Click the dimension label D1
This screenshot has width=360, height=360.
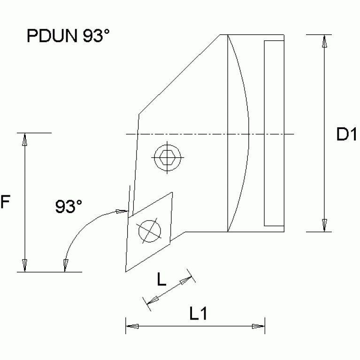(x=346, y=135)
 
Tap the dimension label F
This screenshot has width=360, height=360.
(x=5, y=202)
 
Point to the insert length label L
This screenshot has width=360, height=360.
(x=161, y=280)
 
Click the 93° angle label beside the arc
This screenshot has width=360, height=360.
(x=69, y=207)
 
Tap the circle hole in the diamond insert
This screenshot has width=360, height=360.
(x=149, y=230)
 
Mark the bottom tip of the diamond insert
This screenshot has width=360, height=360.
(x=126, y=271)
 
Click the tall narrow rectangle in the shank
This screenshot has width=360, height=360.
(x=274, y=132)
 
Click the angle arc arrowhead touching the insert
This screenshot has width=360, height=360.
(x=122, y=212)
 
